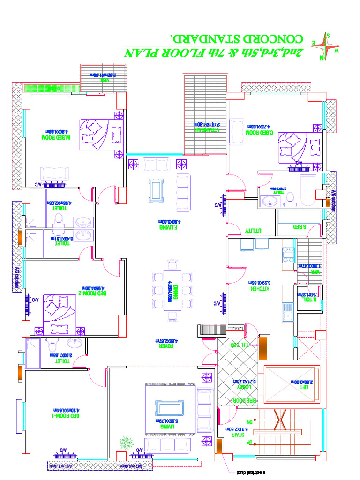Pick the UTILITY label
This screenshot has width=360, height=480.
[253, 231]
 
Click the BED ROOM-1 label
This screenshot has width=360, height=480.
[66, 416]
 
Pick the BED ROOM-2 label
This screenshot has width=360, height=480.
[92, 293]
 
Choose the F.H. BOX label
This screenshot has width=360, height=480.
[238, 345]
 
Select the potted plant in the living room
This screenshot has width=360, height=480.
[125, 442]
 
